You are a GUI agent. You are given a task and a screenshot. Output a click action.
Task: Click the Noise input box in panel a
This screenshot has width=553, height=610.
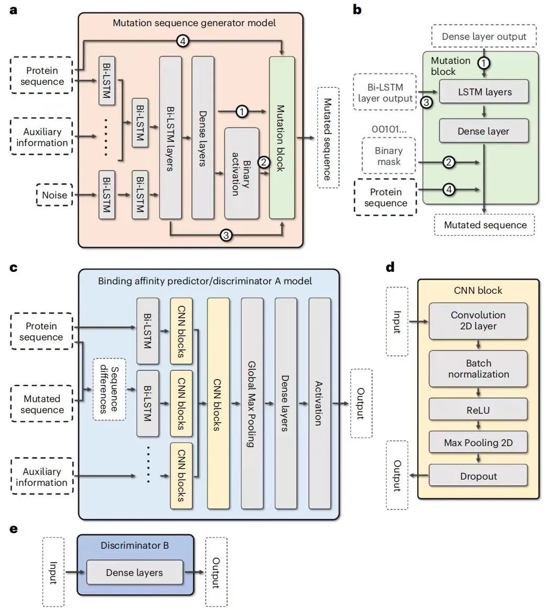55,195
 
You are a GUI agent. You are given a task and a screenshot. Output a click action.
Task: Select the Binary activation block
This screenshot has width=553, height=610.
241,173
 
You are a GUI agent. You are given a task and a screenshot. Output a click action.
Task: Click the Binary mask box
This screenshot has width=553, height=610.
388,156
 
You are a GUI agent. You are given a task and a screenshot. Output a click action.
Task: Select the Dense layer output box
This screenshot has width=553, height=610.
483,37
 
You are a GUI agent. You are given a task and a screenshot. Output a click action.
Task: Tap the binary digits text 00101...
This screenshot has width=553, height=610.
388,128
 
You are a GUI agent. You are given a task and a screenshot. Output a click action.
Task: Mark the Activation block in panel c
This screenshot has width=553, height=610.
319,403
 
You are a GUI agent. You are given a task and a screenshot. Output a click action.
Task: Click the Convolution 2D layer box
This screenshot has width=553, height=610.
478,320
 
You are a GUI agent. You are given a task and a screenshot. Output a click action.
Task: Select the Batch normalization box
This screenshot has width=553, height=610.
478,369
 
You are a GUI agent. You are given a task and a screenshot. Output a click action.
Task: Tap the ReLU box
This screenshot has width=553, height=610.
478,410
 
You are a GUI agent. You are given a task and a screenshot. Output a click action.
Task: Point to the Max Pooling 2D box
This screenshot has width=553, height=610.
478,442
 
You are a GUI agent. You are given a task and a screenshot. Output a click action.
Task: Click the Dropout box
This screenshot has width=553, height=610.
478,476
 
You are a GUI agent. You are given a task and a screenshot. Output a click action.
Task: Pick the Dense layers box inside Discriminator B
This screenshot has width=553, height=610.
135,573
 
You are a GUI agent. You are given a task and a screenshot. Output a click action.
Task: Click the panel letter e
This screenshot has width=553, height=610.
14,528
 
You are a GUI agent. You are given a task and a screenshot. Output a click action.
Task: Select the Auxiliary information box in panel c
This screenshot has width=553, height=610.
41,476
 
